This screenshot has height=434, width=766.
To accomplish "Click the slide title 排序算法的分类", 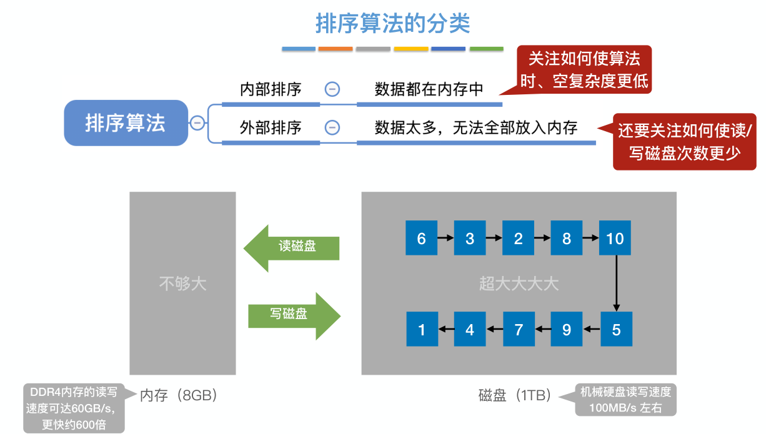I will coord(392,24).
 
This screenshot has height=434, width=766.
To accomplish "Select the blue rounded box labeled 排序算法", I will coord(126,123).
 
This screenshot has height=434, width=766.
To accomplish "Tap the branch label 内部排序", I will coord(271,89).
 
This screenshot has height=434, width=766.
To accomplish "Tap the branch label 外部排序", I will coord(271,128).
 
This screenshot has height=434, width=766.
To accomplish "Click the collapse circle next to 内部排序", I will coord(332,89).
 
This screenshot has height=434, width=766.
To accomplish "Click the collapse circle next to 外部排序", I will coord(332,128).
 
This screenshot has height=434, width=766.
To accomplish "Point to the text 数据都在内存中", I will coord(429,89).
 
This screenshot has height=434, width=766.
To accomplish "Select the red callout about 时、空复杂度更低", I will coord(584,69).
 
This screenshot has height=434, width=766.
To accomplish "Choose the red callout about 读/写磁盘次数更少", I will coord(685,142).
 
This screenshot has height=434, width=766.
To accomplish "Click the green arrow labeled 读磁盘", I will coord(292,247).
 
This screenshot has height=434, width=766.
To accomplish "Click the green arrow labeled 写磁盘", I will coord(294,315).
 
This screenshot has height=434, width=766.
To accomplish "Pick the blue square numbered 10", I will coord(615,239).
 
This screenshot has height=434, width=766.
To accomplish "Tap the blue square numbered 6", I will coord(421,239).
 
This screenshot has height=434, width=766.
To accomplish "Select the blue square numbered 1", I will coord(422,330).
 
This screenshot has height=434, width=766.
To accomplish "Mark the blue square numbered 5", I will coord(616,330).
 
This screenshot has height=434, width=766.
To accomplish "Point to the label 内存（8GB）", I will coord(178,395).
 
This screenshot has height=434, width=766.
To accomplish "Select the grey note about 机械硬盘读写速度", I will coord(625,400).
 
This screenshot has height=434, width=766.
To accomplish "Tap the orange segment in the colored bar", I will coord(336,49).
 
